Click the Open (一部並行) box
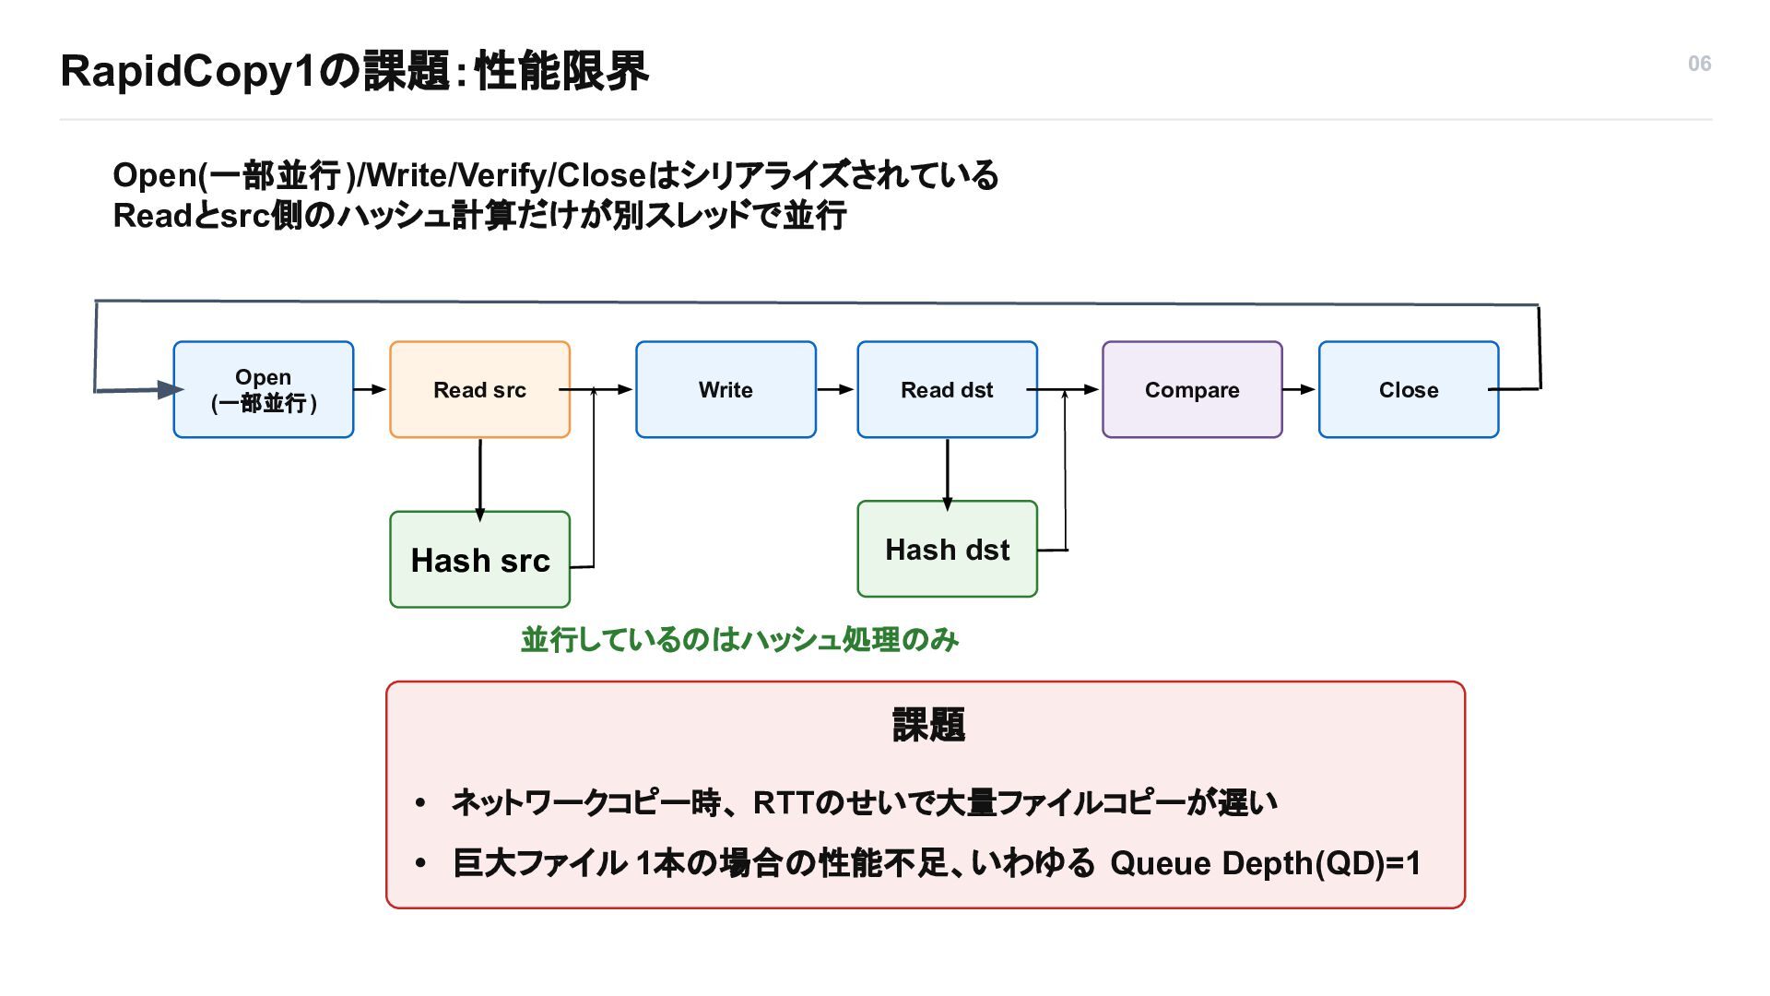point(264,389)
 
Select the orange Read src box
point(479,389)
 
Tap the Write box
point(726,389)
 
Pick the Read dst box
point(947,389)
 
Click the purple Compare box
point(1192,389)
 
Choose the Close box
point(1409,389)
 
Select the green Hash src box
point(479,560)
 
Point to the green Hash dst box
point(947,549)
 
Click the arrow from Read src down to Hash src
point(479,480)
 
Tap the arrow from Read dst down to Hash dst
point(947,474)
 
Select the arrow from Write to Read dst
point(836,389)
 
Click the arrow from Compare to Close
point(1300,389)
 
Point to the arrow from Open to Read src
point(371,389)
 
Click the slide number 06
point(1700,64)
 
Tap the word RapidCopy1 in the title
point(188,71)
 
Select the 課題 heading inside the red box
point(928,725)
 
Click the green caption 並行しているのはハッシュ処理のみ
point(740,639)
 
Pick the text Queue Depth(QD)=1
point(1265,863)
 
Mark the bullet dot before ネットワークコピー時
point(420,803)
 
